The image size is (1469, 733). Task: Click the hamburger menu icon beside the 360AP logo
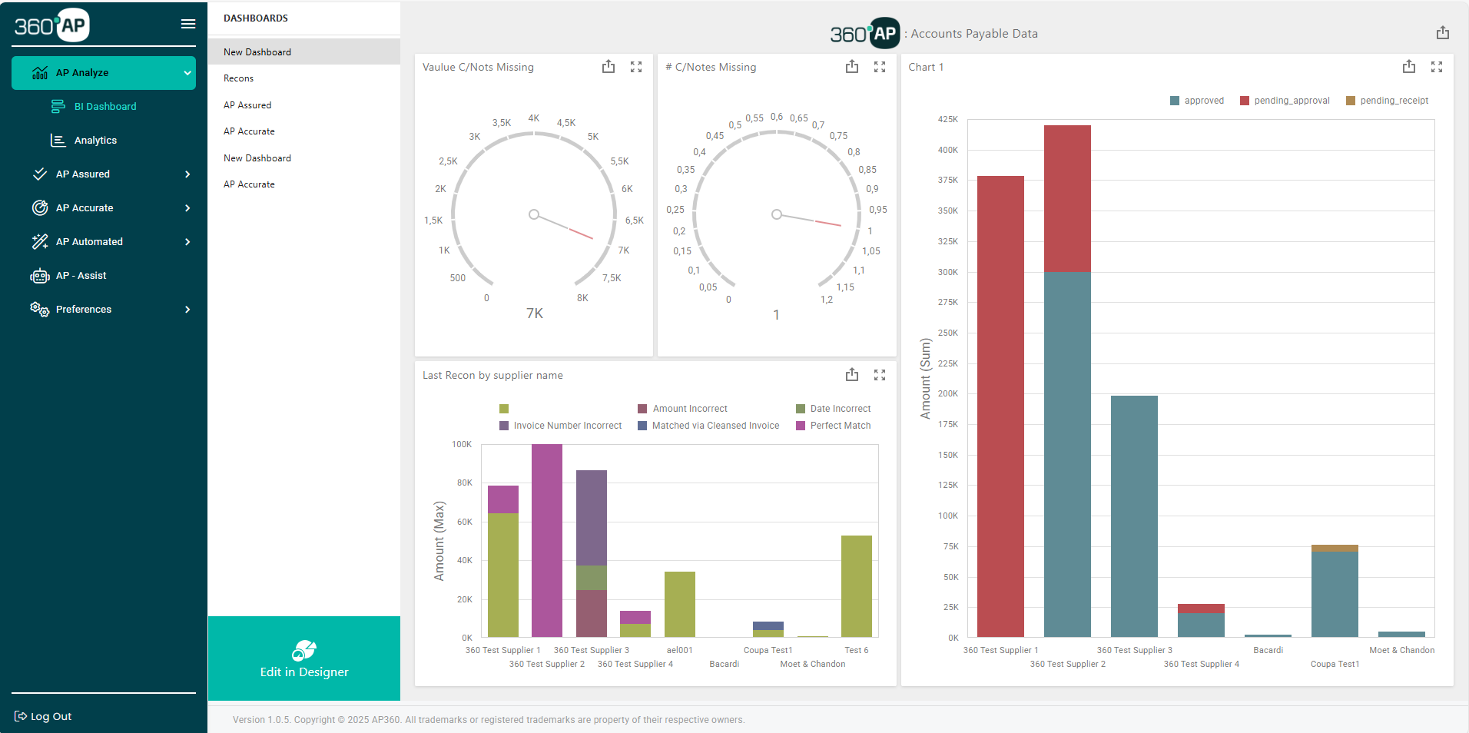(x=187, y=24)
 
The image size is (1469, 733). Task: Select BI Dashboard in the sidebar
(x=104, y=107)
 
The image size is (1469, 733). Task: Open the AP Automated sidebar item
(x=89, y=242)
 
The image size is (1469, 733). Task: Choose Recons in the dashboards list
(x=238, y=78)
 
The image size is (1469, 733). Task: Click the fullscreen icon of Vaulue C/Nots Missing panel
(x=636, y=67)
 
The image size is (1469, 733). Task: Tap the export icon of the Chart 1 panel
(x=1408, y=67)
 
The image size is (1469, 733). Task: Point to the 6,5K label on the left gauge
(x=634, y=221)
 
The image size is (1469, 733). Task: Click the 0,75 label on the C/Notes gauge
(x=838, y=136)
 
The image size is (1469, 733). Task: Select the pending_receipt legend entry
(x=1393, y=101)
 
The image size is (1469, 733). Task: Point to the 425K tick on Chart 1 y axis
(x=948, y=119)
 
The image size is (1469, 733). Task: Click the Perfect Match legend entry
(x=840, y=426)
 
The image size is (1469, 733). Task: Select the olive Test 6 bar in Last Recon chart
(x=856, y=585)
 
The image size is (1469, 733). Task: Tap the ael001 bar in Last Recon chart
(x=679, y=604)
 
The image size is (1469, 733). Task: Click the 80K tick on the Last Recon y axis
(x=465, y=483)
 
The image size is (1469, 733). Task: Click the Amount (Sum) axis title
(x=925, y=379)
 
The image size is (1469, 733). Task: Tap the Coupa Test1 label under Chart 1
(x=1335, y=664)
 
